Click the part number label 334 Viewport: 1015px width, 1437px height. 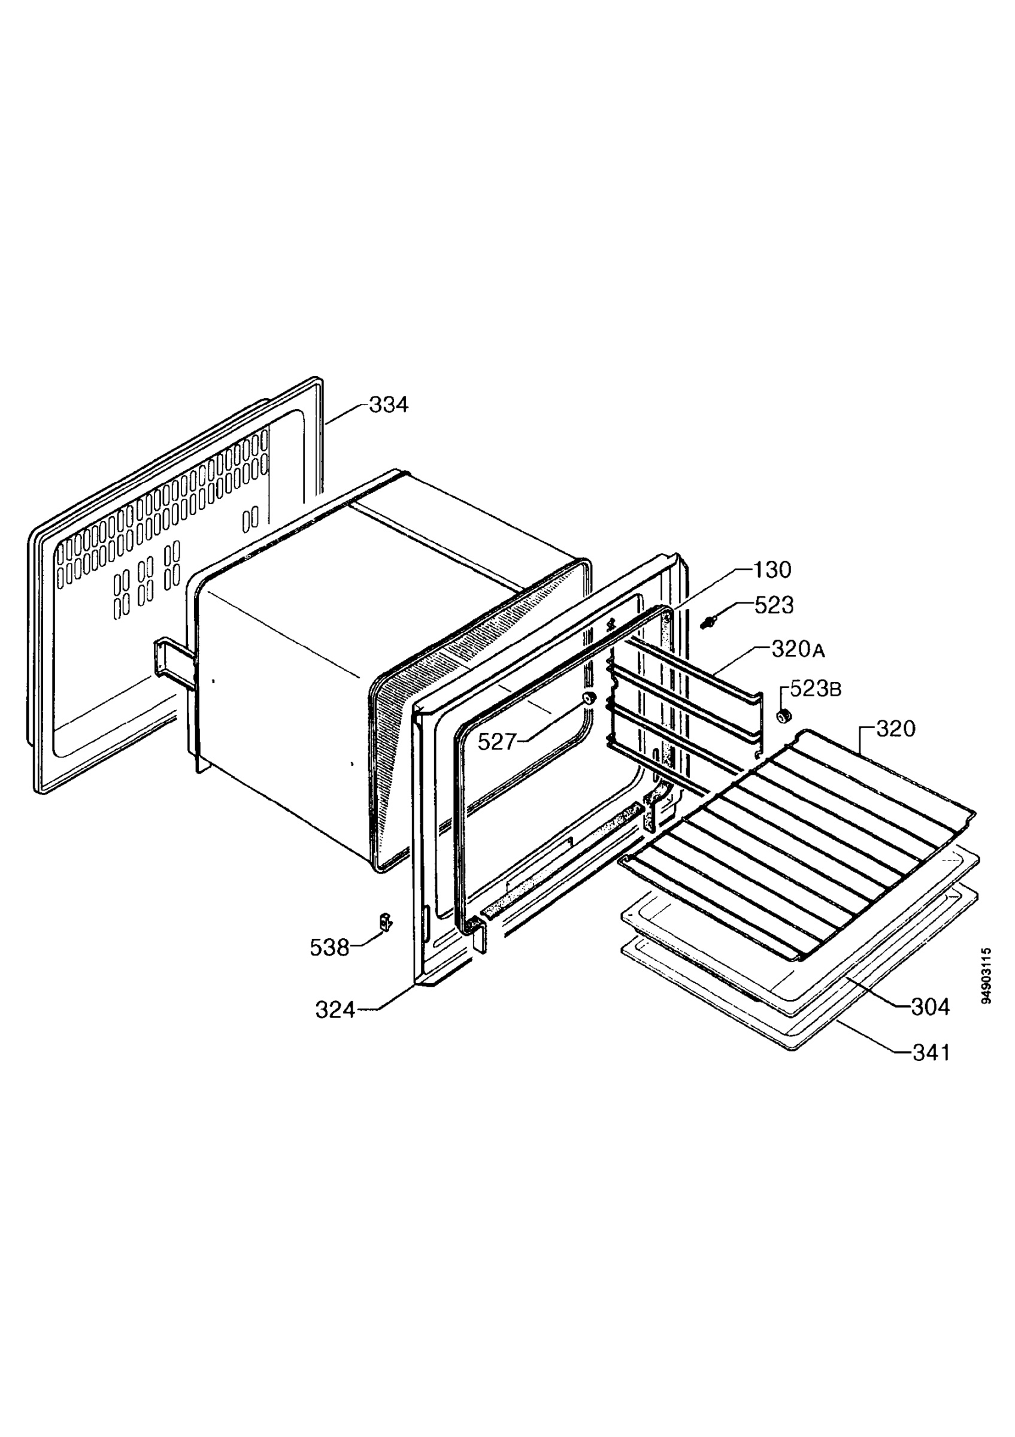pos(388,405)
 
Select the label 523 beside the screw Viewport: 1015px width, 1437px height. pos(774,605)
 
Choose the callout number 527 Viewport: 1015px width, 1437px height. pos(498,742)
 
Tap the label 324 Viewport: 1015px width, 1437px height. pos(335,1010)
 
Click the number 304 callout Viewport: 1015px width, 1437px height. pos(930,1007)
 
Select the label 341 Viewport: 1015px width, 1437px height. pos(931,1053)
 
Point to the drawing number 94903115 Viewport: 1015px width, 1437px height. pos(987,976)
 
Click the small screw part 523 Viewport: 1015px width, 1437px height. pos(708,623)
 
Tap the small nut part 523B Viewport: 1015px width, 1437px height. pos(782,716)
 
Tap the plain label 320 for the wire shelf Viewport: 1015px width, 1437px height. pos(895,729)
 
